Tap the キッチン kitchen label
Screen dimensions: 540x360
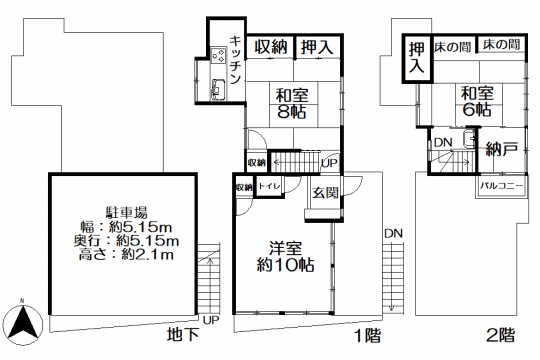click(x=235, y=60)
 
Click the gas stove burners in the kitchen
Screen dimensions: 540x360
click(x=218, y=56)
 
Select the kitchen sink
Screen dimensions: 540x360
click(x=218, y=89)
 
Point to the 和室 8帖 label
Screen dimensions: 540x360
click(x=292, y=103)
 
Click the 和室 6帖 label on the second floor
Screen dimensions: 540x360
click(x=477, y=101)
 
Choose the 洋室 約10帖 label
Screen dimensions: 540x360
click(x=285, y=257)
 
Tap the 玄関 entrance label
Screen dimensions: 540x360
click(x=325, y=193)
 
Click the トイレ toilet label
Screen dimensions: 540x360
click(x=270, y=186)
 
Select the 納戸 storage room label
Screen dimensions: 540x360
click(x=501, y=149)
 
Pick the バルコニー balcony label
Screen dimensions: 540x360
click(x=501, y=186)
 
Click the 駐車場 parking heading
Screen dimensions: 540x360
click(x=126, y=213)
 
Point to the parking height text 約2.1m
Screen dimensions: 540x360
click(x=148, y=254)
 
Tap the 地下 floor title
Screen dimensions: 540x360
click(x=183, y=334)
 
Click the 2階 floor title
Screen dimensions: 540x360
click(x=500, y=335)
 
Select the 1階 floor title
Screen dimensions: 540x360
click(x=368, y=335)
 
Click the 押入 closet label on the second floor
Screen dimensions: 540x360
click(x=416, y=58)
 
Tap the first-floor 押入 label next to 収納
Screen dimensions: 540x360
click(x=317, y=47)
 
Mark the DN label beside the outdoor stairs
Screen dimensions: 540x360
click(x=393, y=234)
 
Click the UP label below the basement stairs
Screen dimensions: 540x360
click(x=211, y=320)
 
